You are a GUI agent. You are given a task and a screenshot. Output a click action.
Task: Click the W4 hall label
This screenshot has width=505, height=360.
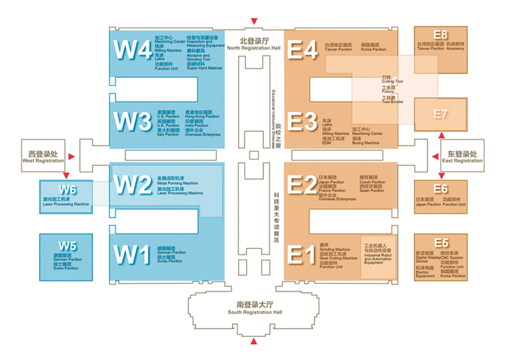pos(133,51)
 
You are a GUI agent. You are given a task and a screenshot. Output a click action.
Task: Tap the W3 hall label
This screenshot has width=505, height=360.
pos(133,123)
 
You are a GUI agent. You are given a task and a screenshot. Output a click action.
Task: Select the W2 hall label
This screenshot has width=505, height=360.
pos(133,186)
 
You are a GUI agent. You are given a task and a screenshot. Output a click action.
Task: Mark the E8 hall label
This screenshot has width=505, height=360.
pos(441,35)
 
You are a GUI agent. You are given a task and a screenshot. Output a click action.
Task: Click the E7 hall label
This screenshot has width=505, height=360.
pos(441,114)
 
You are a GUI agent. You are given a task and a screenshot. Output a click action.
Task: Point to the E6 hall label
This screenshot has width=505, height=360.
pos(441,189)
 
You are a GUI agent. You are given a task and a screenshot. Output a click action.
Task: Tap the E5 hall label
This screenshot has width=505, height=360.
pos(441,243)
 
